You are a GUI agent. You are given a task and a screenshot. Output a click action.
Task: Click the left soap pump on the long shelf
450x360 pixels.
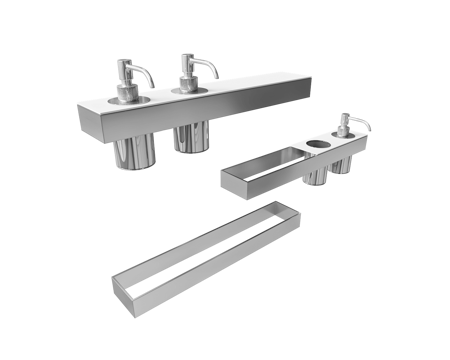click(128, 85)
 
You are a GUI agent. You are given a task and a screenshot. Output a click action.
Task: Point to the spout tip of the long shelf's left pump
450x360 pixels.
click(152, 86)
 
